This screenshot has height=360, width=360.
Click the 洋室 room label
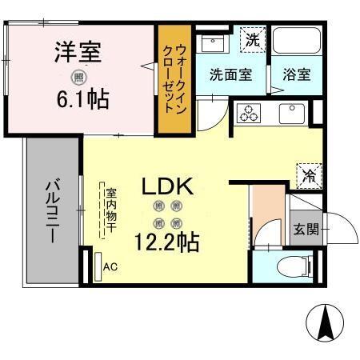(x=78, y=54)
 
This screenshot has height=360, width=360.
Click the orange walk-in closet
(x=172, y=80)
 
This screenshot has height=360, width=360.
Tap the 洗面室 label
(x=230, y=74)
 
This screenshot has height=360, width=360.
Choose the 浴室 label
(x=297, y=74)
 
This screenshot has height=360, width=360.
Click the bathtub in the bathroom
(x=297, y=44)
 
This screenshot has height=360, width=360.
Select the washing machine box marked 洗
(x=252, y=38)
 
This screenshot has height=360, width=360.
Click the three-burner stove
(x=250, y=113)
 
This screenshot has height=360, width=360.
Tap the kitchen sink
(x=291, y=113)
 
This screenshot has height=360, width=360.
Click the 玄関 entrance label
(x=306, y=230)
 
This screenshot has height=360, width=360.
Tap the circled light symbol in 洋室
(x=78, y=78)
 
